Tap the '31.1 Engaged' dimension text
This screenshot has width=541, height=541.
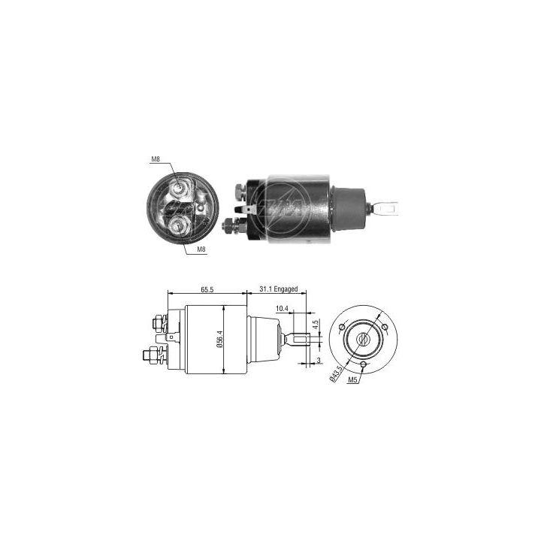(x=279, y=289)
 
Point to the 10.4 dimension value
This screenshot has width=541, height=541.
(x=281, y=309)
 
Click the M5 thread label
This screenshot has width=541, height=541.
(x=352, y=381)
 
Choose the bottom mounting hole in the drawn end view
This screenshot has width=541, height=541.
(x=363, y=366)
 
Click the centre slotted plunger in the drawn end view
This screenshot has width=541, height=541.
(x=363, y=340)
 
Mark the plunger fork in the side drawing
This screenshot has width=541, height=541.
(x=301, y=340)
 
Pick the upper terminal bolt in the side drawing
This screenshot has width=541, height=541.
(x=158, y=323)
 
